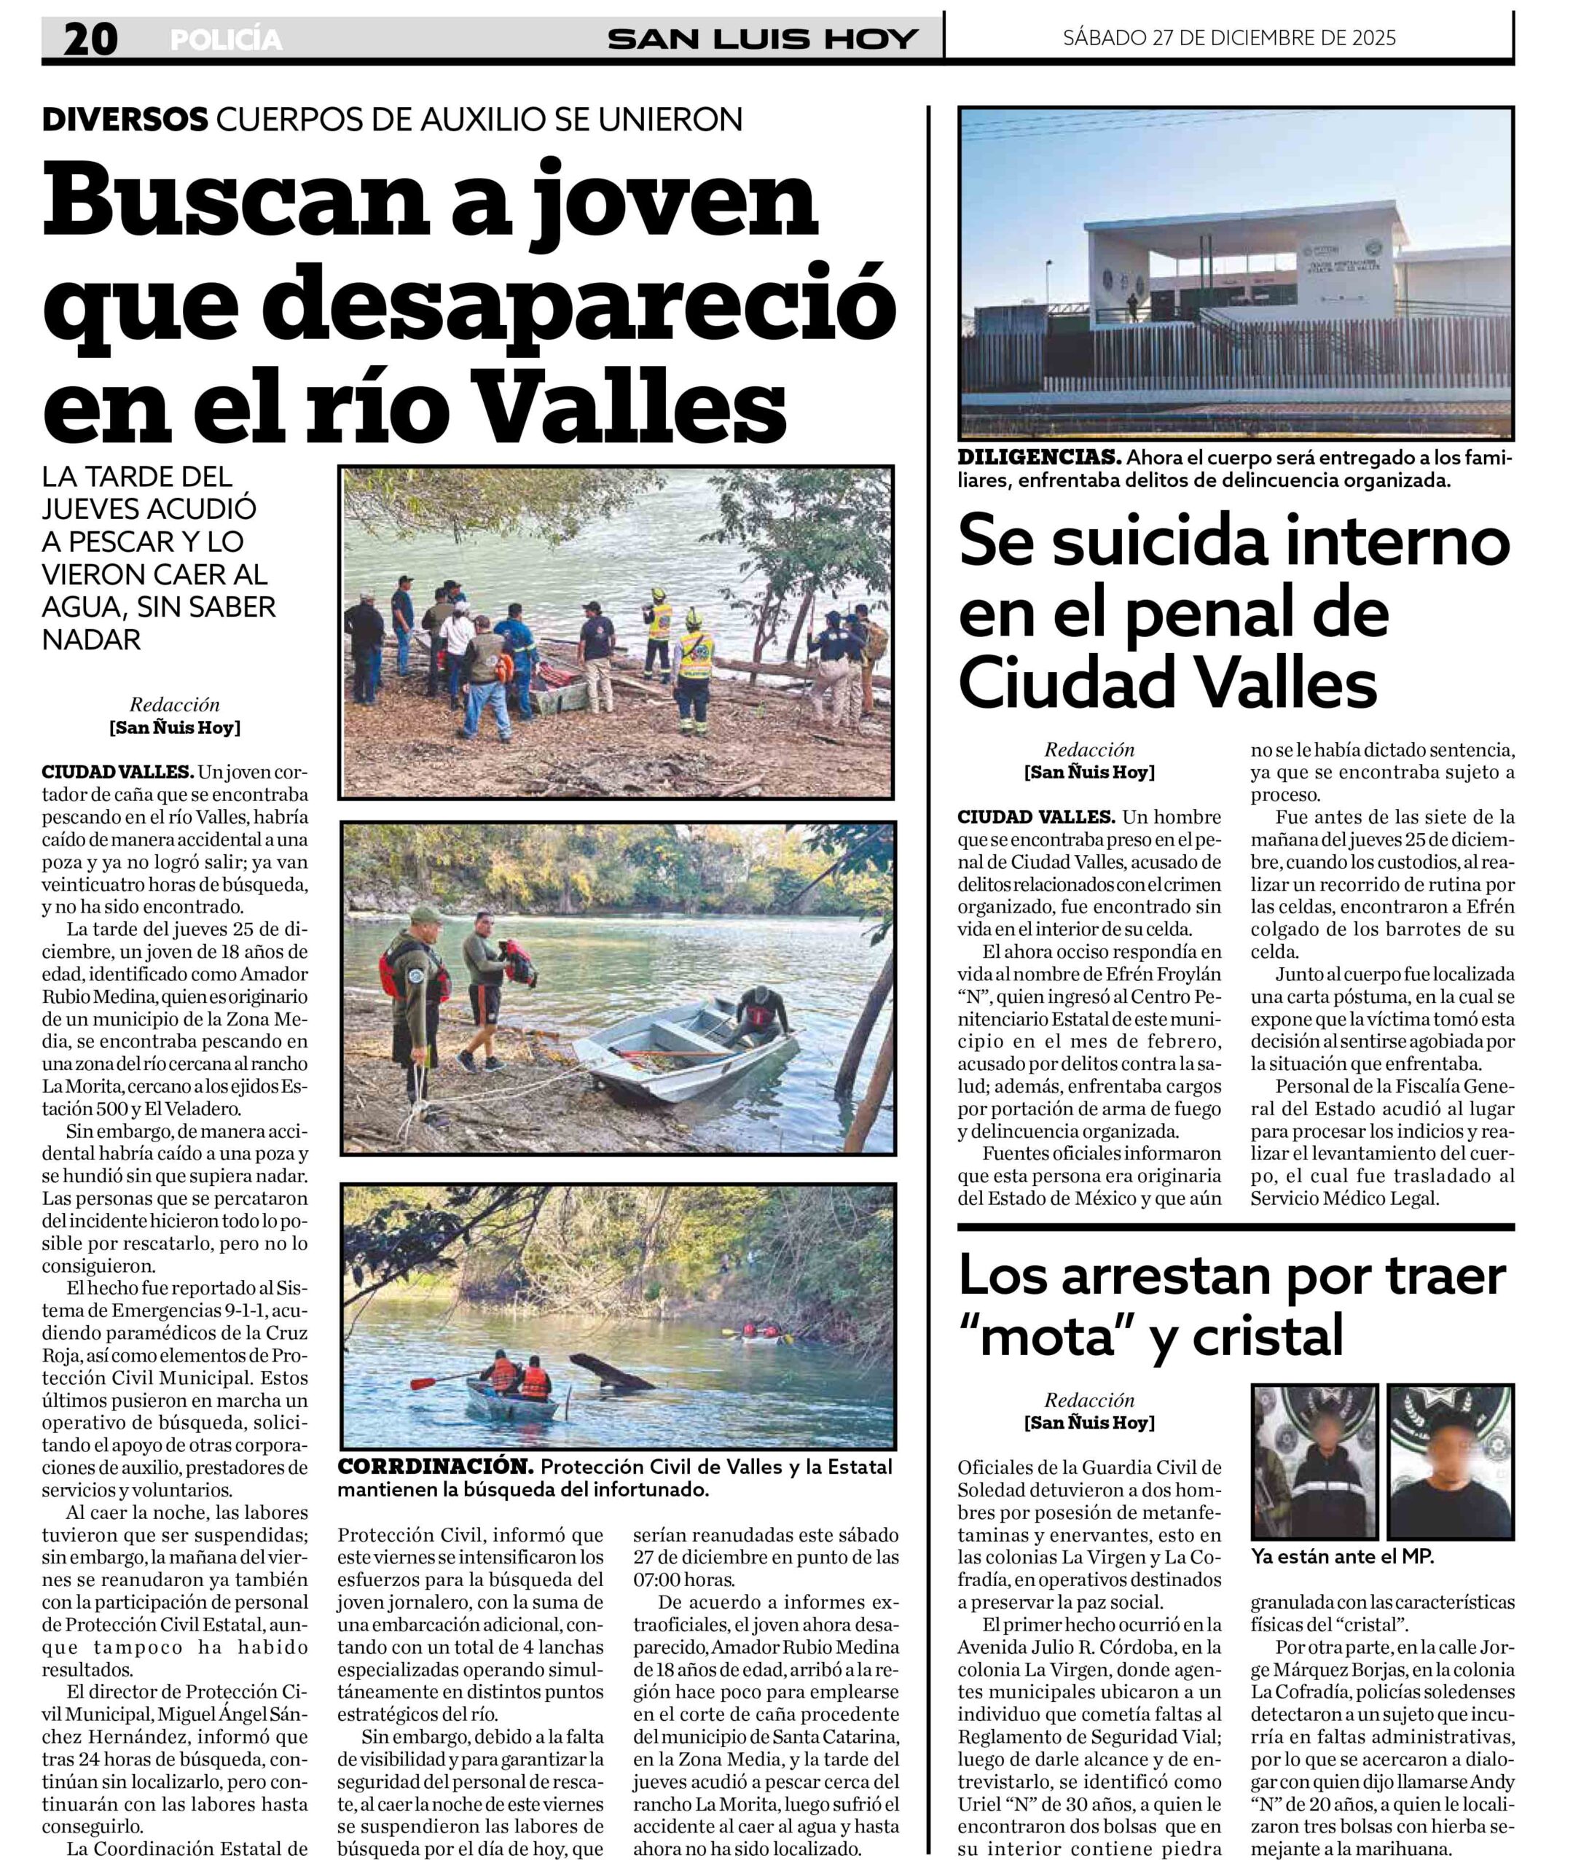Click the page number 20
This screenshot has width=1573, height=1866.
(91, 39)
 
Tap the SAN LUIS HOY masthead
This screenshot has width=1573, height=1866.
(761, 39)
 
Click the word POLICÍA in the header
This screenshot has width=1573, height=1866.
(226, 40)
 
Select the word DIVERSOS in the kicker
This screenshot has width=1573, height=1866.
(125, 120)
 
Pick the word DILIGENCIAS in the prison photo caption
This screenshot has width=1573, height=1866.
(1039, 458)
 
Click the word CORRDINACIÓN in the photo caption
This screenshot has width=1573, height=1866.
(435, 1467)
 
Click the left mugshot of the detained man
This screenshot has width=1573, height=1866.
(1314, 1460)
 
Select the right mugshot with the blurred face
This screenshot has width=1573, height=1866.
(1450, 1460)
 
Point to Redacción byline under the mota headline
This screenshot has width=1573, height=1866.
(1088, 1399)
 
